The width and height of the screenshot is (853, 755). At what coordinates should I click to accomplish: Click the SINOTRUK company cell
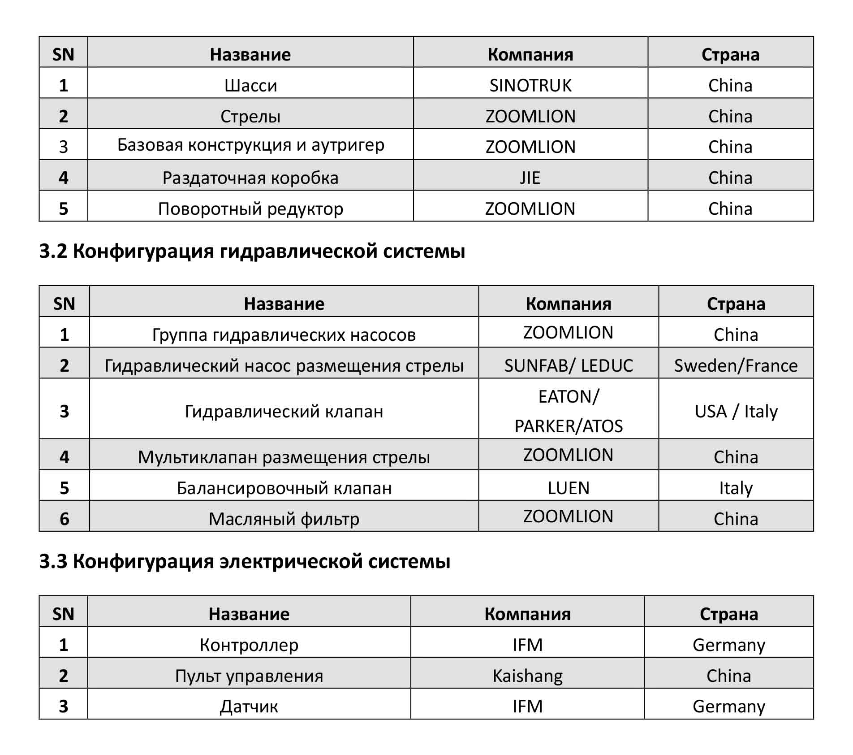[530, 85]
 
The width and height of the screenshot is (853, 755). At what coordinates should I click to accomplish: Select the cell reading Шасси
[250, 85]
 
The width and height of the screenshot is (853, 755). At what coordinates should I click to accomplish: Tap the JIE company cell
[530, 178]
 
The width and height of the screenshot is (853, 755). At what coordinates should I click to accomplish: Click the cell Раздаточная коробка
[250, 178]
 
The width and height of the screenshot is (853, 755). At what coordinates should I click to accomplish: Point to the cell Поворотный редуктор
[250, 208]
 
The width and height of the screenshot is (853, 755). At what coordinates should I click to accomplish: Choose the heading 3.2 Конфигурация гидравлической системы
[252, 251]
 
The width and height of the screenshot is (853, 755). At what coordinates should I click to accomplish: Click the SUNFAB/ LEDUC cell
[569, 365]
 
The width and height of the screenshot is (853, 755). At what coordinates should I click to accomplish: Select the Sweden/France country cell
[736, 365]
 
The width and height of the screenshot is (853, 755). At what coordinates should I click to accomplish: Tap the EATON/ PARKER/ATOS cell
[569, 411]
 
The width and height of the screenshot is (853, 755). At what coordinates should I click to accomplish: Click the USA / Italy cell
[736, 411]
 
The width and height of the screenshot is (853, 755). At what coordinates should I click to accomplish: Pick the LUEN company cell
[569, 487]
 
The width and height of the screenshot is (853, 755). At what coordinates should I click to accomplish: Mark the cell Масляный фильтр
[284, 519]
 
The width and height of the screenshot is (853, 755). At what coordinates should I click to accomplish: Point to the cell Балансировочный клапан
[284, 487]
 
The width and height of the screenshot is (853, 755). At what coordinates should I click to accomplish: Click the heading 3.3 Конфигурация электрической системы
[245, 561]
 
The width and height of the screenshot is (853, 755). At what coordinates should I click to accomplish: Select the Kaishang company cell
[527, 675]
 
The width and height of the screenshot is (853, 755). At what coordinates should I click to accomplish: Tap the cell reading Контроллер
[249, 645]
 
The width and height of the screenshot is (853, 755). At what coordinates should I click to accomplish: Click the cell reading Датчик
[249, 706]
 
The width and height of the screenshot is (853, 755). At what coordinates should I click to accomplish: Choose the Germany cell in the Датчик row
[728, 706]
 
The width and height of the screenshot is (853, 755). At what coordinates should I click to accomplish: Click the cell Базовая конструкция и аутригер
[250, 145]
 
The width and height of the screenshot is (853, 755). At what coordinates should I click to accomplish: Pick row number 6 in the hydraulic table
[65, 519]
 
